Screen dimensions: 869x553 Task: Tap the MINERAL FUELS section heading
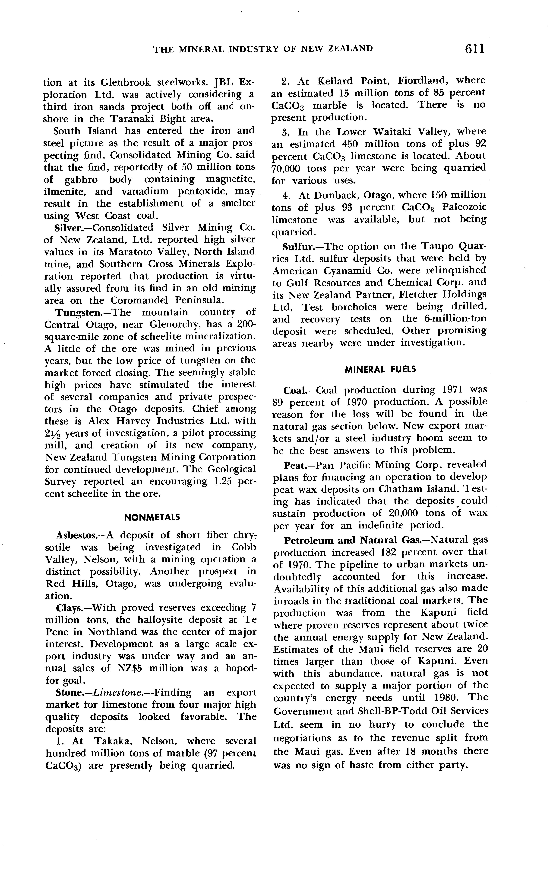[380, 370]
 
